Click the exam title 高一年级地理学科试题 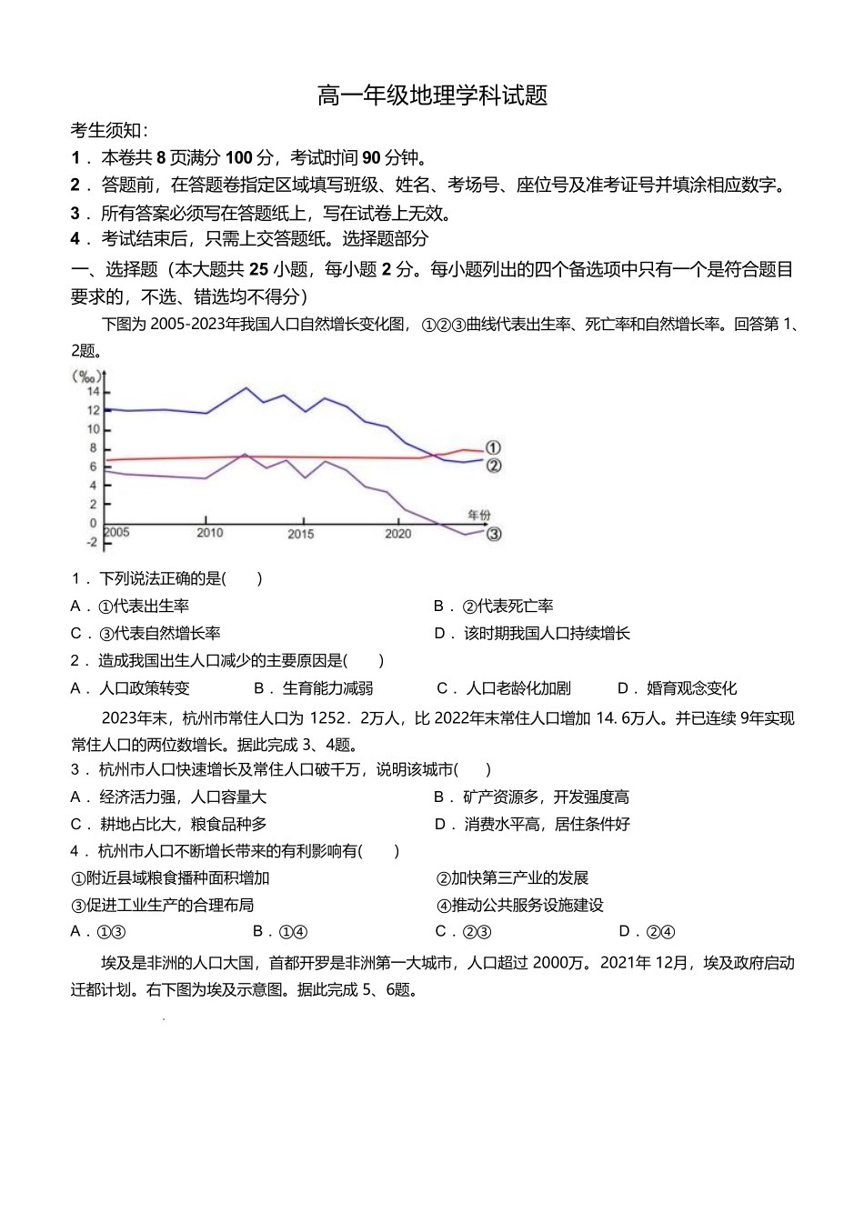tap(432, 95)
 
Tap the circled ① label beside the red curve tap(493, 447)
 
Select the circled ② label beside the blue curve tap(493, 466)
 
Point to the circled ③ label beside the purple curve tap(493, 534)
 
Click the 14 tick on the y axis tap(93, 392)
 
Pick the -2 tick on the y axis tap(91, 542)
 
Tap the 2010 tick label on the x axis tap(209, 533)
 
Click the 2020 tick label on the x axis tap(397, 533)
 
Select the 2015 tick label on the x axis tap(301, 534)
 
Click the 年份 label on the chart tap(478, 515)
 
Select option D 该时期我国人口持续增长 tap(532, 634)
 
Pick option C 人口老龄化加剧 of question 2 tap(504, 688)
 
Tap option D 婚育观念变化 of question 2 tap(678, 688)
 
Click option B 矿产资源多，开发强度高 tap(532, 797)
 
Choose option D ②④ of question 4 tap(647, 931)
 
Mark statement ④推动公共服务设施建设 tap(520, 905)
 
